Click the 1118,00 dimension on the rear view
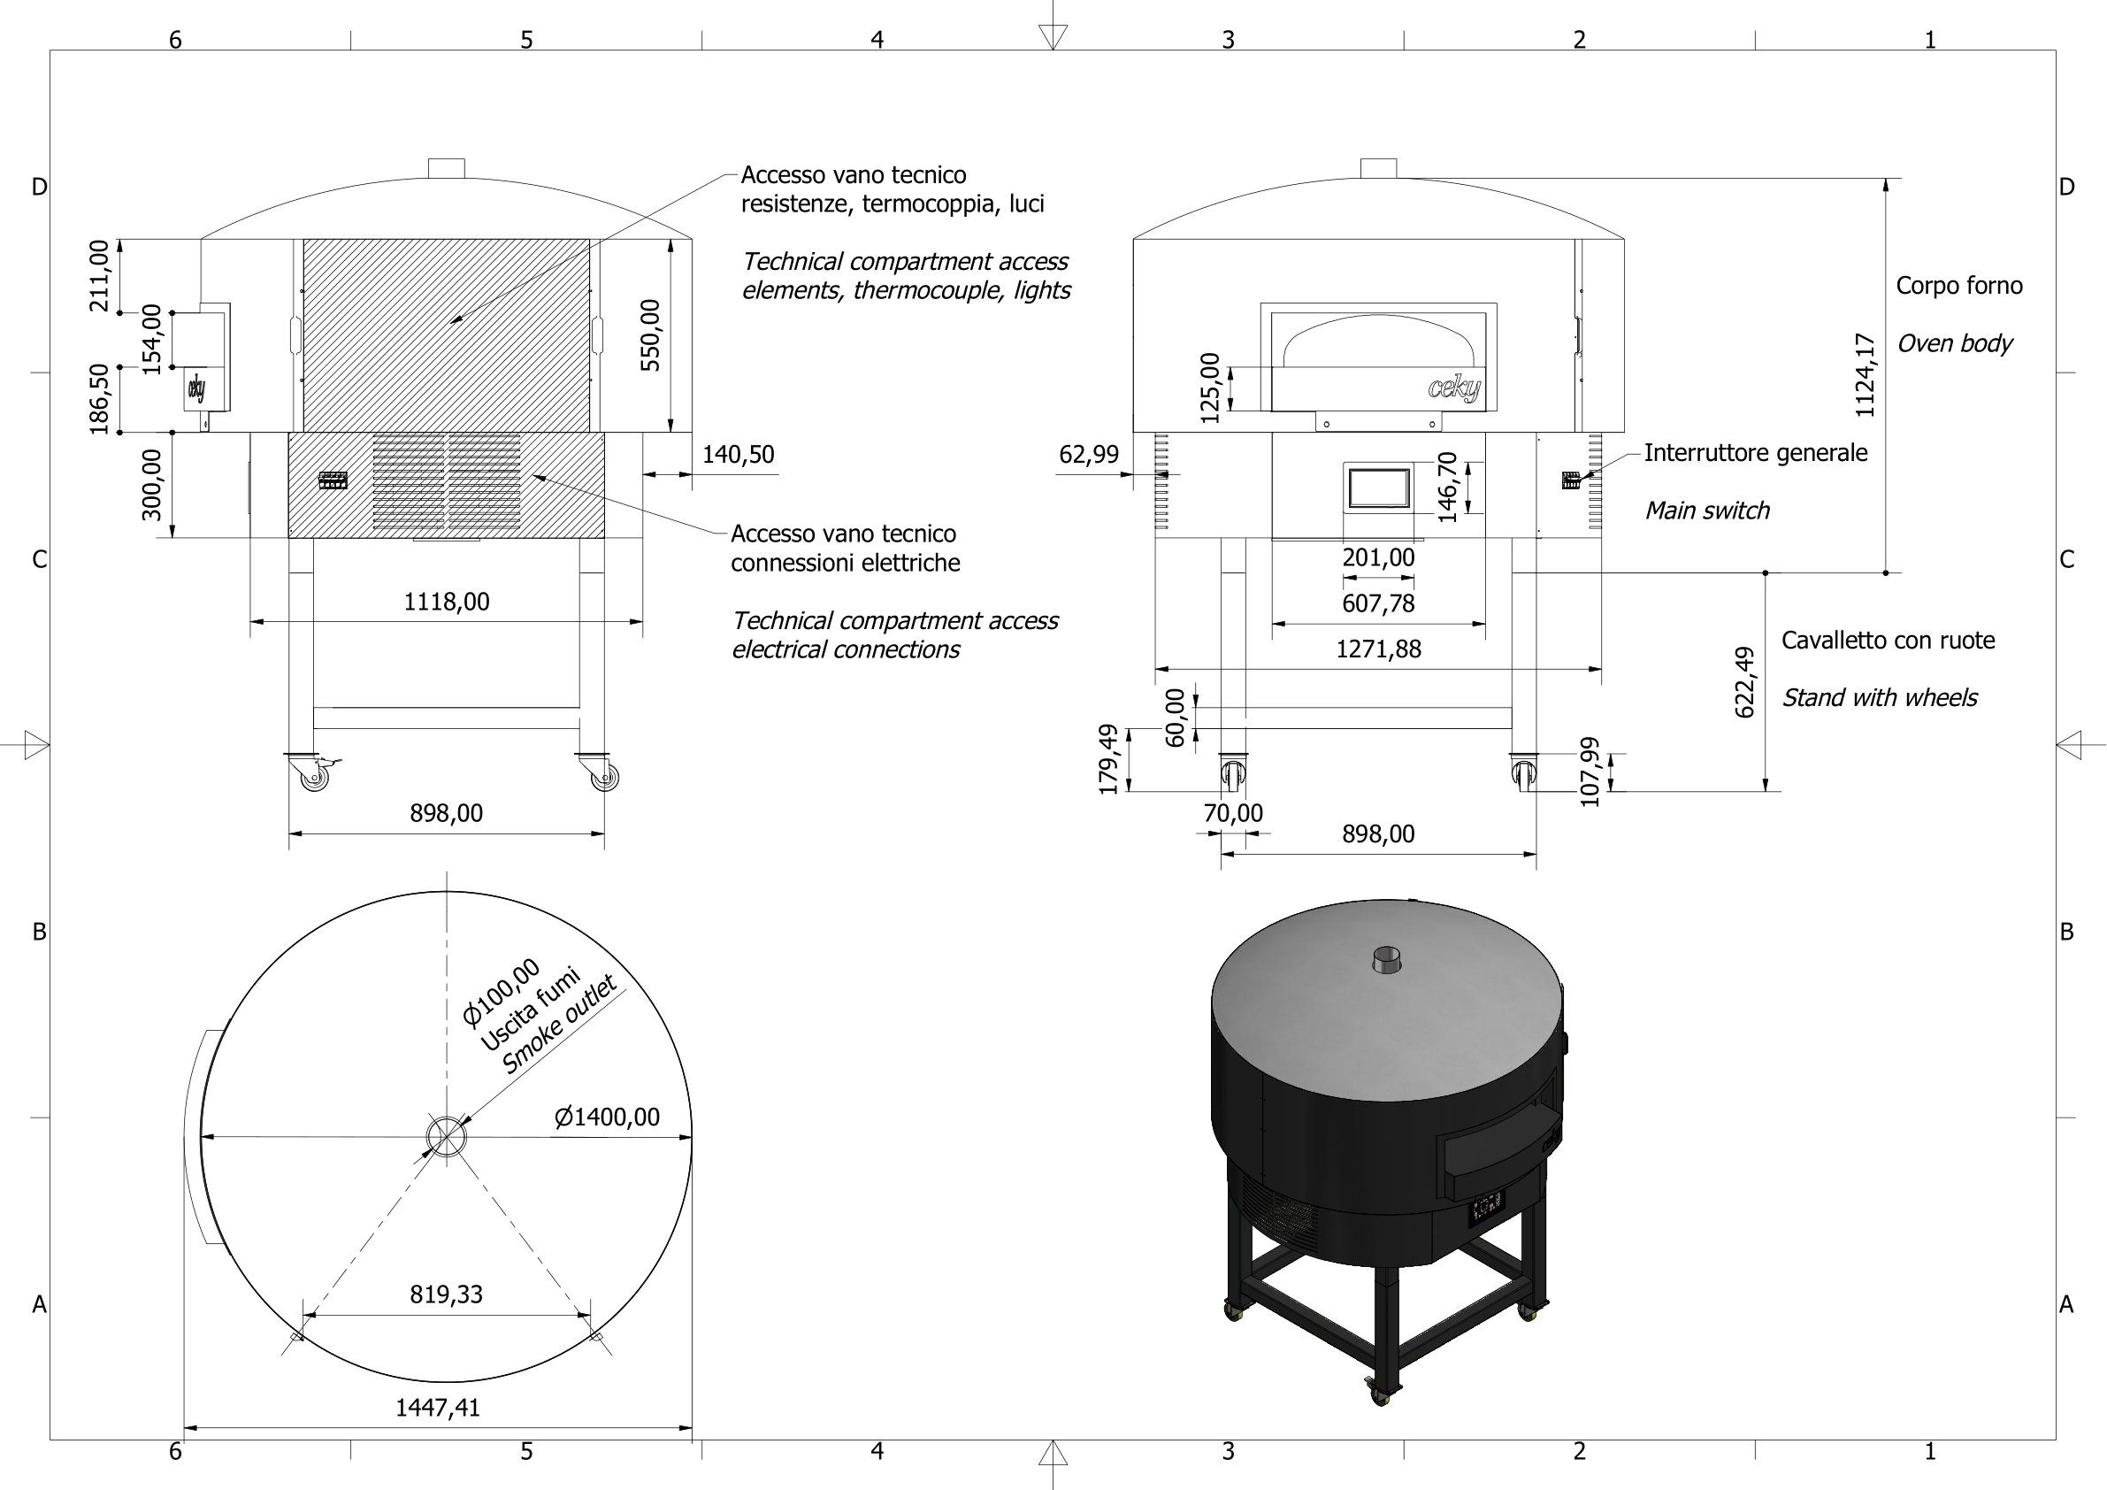(x=446, y=603)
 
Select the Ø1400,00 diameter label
(x=607, y=1117)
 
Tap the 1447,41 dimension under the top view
(x=438, y=1408)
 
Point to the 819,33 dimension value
(x=446, y=1294)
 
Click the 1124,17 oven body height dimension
(x=1866, y=375)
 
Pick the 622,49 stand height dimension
(x=1744, y=682)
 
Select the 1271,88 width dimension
(x=1377, y=650)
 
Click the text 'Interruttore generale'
(x=1755, y=454)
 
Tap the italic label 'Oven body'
(x=1954, y=343)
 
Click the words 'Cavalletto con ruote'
(x=1888, y=641)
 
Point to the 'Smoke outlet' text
(x=560, y=1025)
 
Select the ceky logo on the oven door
(x=1453, y=388)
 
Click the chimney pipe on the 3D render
(x=1387, y=959)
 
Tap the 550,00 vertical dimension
(x=651, y=335)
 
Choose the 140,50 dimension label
(x=738, y=456)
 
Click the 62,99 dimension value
(x=1088, y=456)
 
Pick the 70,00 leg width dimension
(x=1232, y=813)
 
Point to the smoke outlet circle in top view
(x=446, y=1138)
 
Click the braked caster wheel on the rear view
(x=314, y=777)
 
